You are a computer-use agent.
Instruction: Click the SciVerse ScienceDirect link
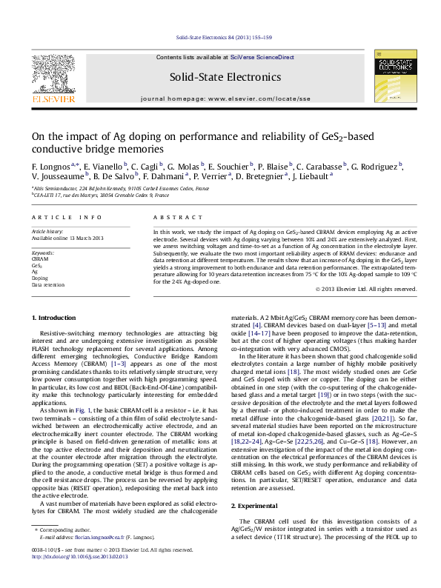pos(262,57)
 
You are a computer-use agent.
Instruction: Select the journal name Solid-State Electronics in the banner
pos(225,77)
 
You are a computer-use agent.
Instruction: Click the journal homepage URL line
pos(225,98)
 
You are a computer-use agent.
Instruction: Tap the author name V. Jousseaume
pos(57,177)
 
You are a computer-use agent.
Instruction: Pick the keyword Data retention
pos(47,284)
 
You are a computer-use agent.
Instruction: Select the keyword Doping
pos(39,278)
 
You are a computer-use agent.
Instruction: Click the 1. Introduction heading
pos(55,317)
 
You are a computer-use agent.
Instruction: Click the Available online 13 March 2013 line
pos(67,238)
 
